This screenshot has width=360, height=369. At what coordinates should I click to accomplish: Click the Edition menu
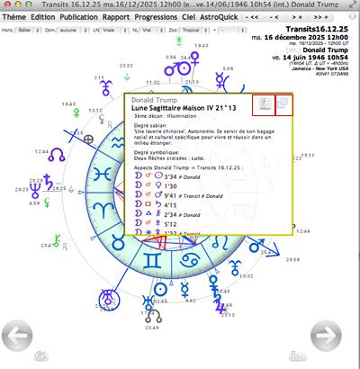point(42,16)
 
